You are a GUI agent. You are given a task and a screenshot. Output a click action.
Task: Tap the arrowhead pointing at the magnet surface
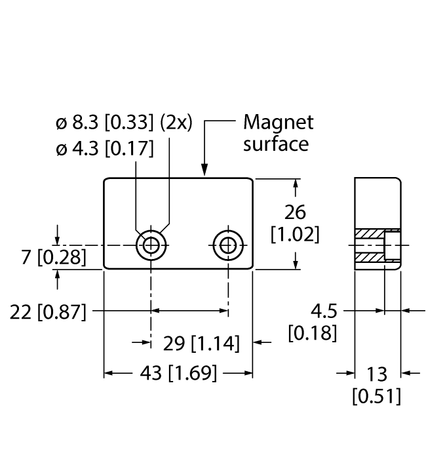(x=205, y=172)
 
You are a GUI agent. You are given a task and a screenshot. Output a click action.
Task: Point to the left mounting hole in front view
(x=151, y=246)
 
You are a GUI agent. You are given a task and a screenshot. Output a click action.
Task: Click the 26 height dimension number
(x=296, y=212)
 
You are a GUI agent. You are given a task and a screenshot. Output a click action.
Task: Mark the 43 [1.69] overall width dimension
(x=178, y=374)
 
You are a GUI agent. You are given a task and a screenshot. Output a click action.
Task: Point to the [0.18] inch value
(x=313, y=333)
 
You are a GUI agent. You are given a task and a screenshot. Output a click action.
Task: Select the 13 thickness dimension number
(x=377, y=374)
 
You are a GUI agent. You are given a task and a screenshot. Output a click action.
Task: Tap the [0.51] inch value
(x=377, y=396)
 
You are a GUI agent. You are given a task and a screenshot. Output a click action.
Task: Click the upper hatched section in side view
(x=369, y=234)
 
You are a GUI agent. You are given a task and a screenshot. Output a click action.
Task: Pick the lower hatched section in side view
(x=369, y=258)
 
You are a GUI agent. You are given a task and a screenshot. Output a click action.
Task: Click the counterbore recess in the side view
(x=392, y=246)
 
